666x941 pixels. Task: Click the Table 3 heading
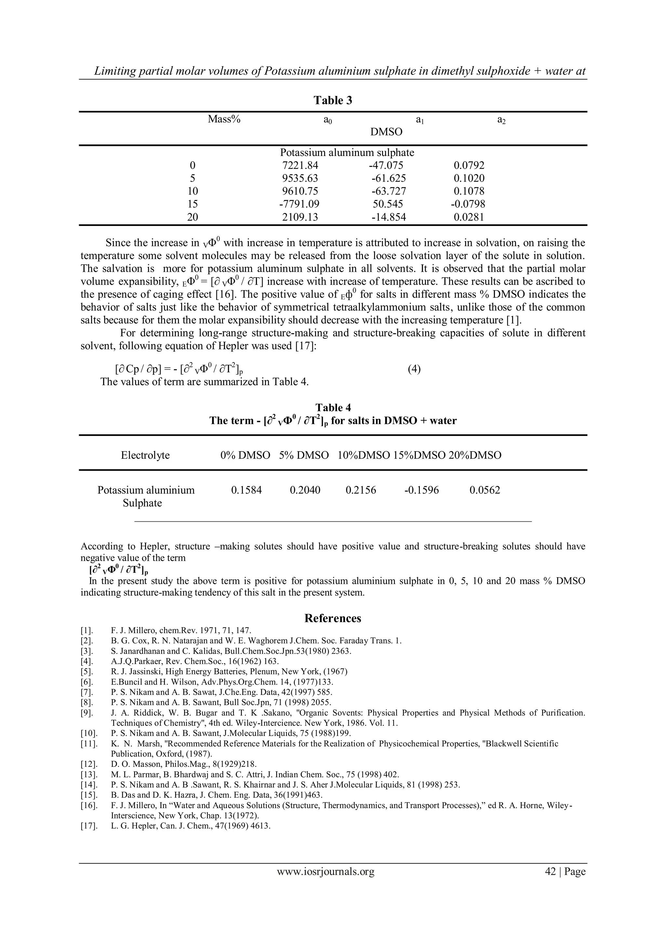(333, 100)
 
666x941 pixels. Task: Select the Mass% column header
(224, 119)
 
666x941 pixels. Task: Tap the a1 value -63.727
(388, 191)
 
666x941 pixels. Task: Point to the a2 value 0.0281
(469, 217)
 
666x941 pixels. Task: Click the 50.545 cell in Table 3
(388, 204)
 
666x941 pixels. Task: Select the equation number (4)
(414, 369)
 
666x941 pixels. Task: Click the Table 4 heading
(333, 408)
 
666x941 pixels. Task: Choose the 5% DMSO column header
(304, 455)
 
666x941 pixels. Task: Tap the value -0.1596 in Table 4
(421, 490)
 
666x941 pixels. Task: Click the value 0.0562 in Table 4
(485, 490)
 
